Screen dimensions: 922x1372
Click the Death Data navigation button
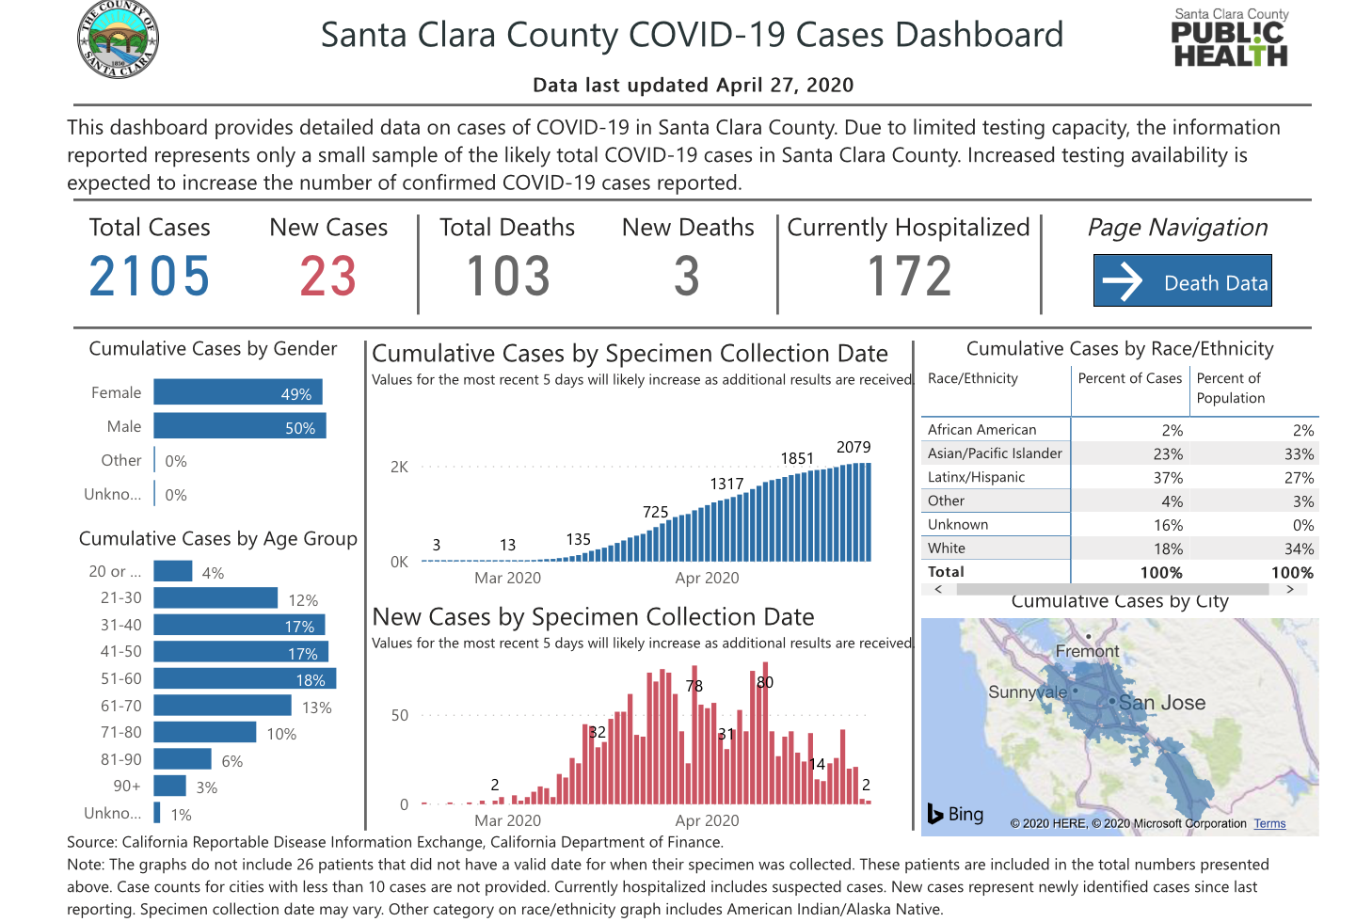(x=1182, y=280)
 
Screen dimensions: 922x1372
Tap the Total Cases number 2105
(x=150, y=277)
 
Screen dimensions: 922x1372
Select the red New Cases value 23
(x=328, y=277)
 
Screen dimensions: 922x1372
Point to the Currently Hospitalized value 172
(x=909, y=277)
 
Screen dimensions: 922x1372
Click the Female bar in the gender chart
(x=238, y=392)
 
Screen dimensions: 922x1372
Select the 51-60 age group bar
(x=245, y=678)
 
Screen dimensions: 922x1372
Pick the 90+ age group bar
(x=170, y=786)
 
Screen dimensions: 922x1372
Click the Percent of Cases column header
(x=1129, y=378)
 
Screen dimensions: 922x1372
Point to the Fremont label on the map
(x=1087, y=651)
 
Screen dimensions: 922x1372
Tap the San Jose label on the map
(x=1162, y=703)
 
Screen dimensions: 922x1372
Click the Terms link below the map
(x=1269, y=824)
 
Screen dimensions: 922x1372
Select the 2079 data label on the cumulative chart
(x=854, y=448)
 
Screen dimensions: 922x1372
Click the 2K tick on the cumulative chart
(x=399, y=467)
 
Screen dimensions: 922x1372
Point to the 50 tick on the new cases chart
(x=400, y=715)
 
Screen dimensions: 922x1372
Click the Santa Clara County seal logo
(x=118, y=40)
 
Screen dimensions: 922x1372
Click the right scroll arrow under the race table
(x=1290, y=589)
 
